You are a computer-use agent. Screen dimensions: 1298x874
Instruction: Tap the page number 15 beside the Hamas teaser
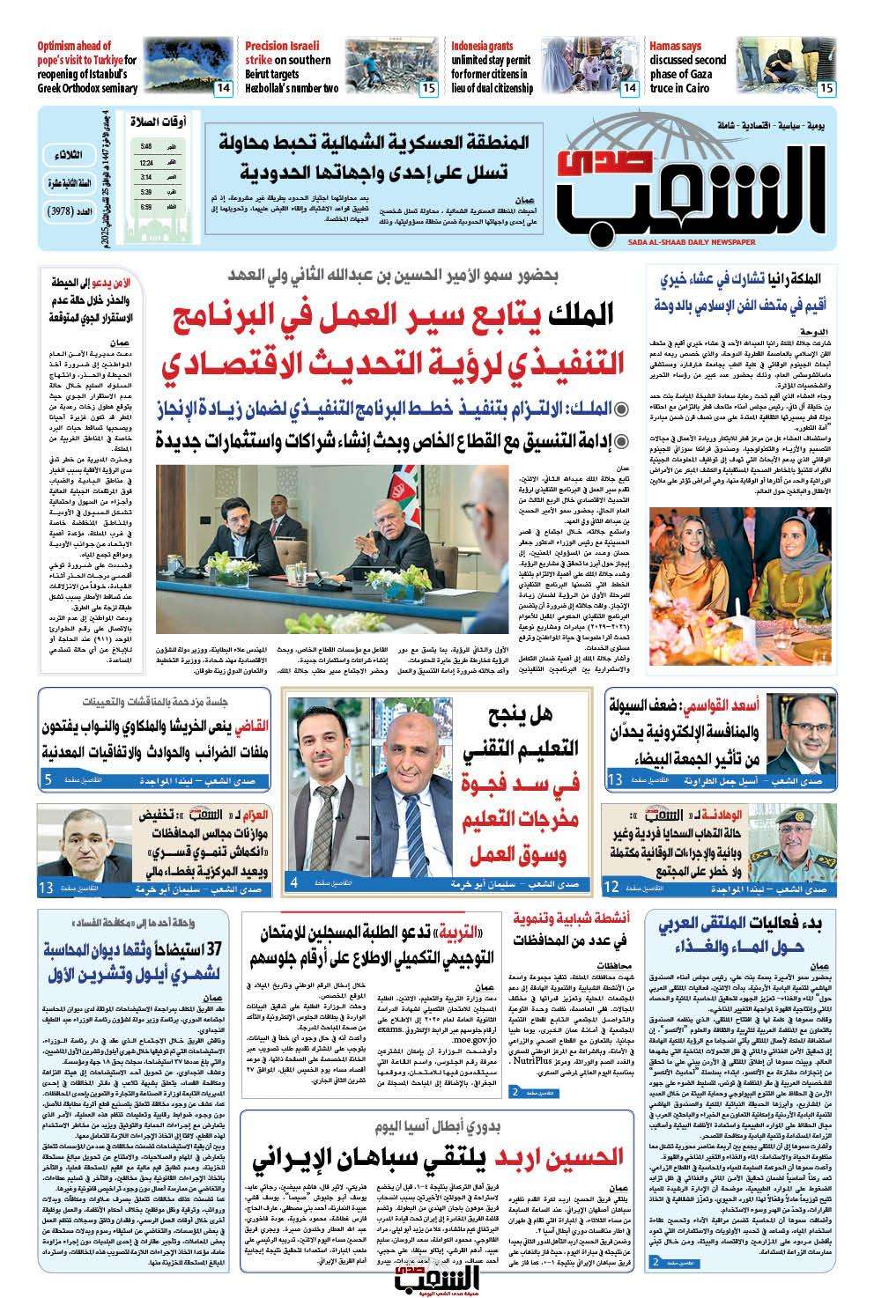click(x=826, y=87)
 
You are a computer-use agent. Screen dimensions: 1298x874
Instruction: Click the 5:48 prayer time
click(x=145, y=146)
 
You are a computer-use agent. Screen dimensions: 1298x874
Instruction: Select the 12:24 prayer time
click(x=145, y=162)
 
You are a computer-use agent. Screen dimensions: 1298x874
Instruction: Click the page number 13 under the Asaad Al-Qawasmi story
click(x=615, y=779)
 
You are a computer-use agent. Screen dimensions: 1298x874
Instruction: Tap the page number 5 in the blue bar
click(x=48, y=779)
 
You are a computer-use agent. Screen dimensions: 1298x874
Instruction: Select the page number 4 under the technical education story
click(x=294, y=881)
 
